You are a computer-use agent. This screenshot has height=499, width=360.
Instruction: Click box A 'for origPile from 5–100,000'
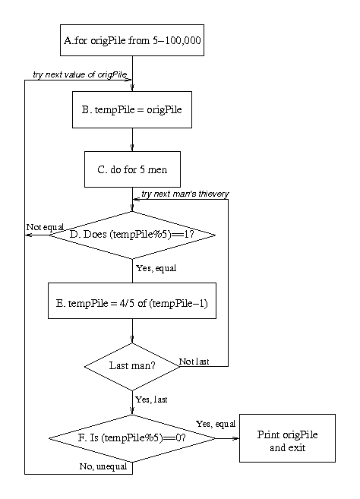(132, 40)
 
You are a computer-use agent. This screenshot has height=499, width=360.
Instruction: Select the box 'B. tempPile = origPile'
(132, 110)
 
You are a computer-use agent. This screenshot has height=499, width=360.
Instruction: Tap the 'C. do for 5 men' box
(132, 169)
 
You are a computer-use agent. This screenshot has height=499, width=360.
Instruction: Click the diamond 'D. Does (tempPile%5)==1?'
(132, 235)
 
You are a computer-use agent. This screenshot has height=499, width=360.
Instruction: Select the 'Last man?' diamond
(132, 366)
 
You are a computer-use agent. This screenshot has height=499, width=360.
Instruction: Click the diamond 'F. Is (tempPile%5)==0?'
(132, 438)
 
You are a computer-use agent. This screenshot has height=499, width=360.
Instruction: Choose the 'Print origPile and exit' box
(287, 438)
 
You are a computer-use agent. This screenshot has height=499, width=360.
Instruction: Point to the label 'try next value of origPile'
(81, 74)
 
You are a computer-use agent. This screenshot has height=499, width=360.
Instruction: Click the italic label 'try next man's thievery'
(185, 194)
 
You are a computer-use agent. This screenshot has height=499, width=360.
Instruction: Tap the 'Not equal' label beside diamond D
(45, 227)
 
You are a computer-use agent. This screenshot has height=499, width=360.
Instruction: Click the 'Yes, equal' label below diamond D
(156, 268)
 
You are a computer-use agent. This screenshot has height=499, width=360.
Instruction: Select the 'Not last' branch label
(194, 362)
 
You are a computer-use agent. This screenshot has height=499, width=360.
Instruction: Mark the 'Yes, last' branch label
(151, 400)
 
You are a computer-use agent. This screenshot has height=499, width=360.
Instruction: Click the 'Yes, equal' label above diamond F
(216, 424)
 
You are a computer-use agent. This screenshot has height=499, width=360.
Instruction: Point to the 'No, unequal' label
(103, 466)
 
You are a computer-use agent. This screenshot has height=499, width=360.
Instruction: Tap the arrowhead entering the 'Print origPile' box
(236, 438)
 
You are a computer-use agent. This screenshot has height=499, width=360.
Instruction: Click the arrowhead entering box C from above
(132, 147)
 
